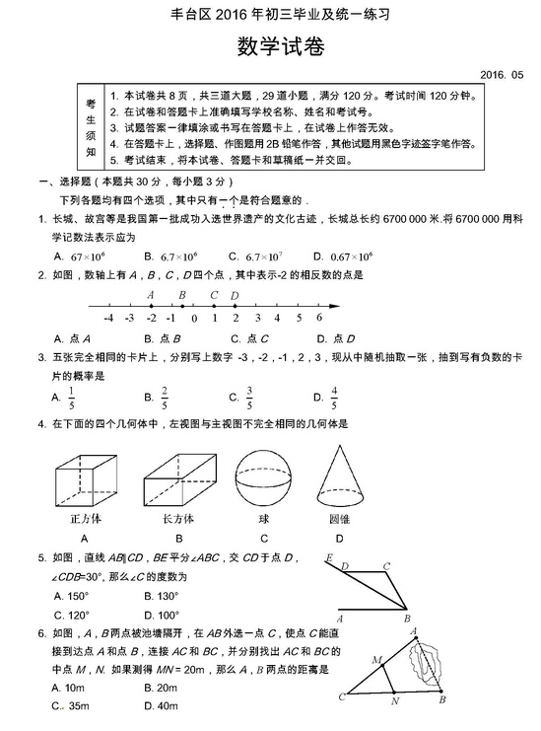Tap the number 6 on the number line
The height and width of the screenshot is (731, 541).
(x=320, y=318)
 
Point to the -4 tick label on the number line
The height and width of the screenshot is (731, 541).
(x=106, y=318)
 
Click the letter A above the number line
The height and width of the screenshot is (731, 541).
(x=151, y=294)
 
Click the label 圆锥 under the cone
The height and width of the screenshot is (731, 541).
(x=340, y=519)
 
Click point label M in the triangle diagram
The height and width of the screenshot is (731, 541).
(x=375, y=658)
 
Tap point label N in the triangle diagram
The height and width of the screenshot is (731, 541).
(x=394, y=702)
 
